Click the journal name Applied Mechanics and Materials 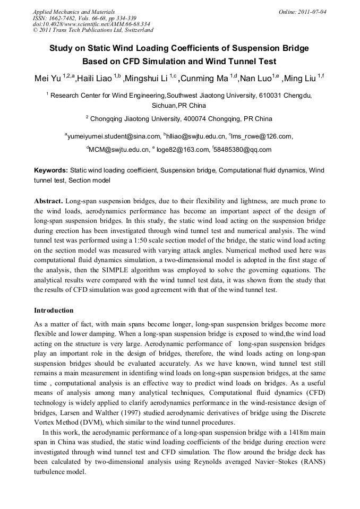[x=74, y=11]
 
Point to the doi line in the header [x=91, y=24]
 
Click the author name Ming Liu [x=301, y=80]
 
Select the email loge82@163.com [x=182, y=150]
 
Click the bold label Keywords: [x=51, y=171]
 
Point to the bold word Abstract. [x=49, y=202]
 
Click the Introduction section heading [x=54, y=310]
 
